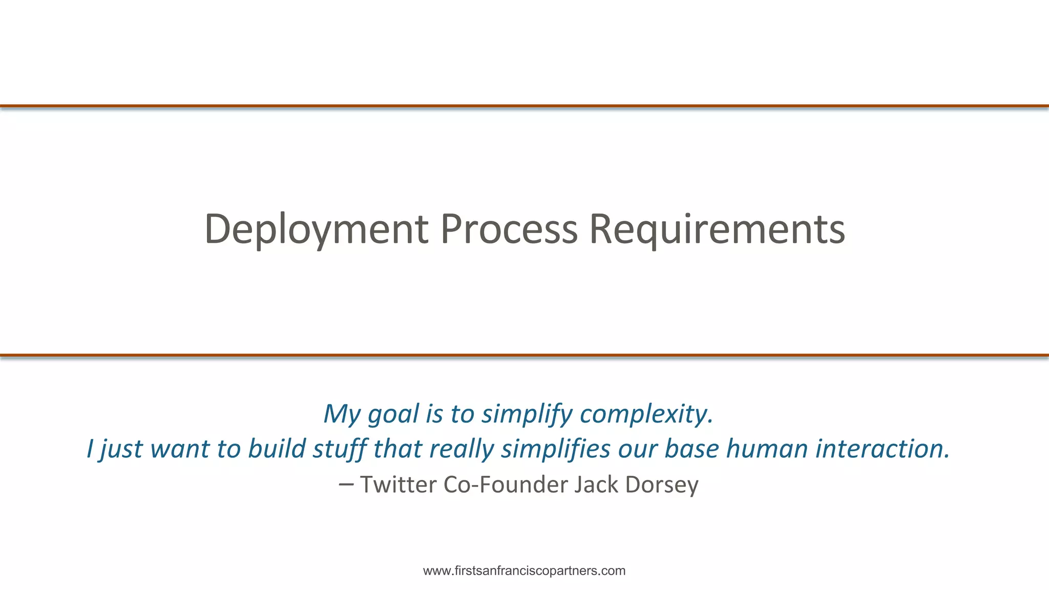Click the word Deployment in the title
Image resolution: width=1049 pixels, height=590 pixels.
tap(316, 229)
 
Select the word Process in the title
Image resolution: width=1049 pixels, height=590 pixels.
tap(509, 229)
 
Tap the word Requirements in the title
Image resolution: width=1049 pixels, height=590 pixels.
tap(717, 229)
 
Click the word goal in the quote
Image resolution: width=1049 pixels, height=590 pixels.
tap(393, 414)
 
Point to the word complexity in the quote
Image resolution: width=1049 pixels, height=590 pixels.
tap(646, 414)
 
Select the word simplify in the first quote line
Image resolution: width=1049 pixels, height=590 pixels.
tap(527, 414)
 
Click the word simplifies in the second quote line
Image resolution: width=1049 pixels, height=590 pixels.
tap(556, 449)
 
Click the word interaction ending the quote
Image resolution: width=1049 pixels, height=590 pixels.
tap(883, 449)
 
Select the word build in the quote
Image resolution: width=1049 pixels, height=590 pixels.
tap(277, 449)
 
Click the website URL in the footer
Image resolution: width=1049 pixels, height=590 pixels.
tap(524, 571)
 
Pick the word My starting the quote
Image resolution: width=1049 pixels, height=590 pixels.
tap(342, 414)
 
